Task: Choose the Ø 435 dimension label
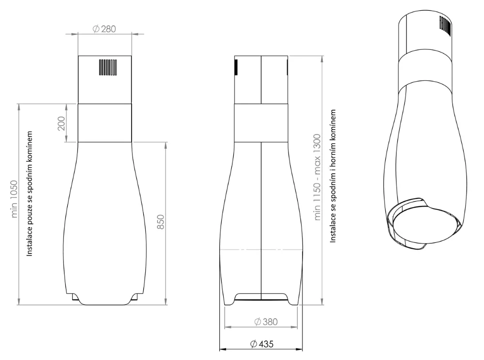[262, 344]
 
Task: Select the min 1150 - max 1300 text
[318, 177]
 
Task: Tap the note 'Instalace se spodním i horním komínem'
[333, 176]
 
